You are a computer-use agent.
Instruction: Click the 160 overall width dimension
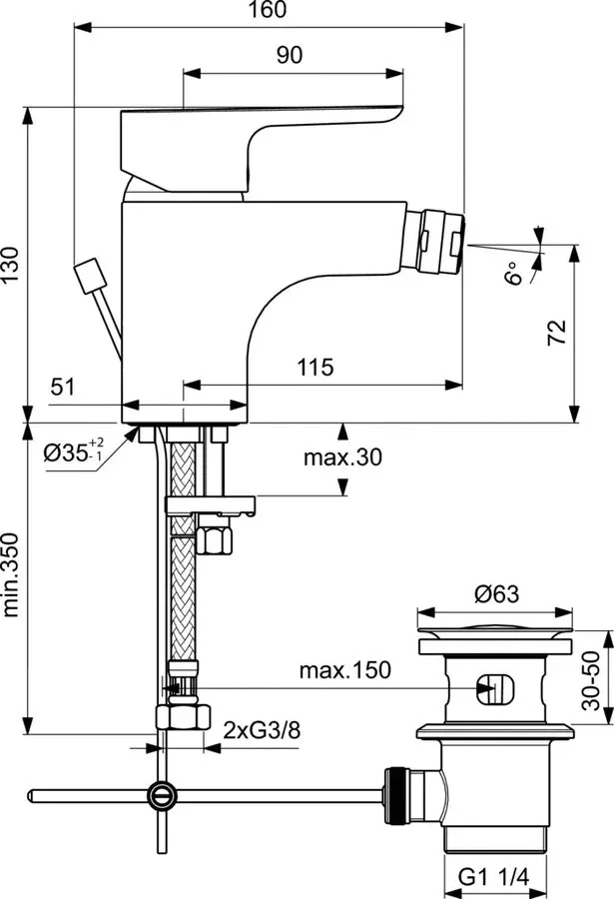[x=269, y=10]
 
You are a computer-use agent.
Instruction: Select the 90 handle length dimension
[x=290, y=55]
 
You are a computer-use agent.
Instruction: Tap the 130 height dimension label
[x=10, y=264]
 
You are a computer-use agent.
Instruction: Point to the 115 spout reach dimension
[x=315, y=367]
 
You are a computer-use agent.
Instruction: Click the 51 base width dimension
[x=63, y=387]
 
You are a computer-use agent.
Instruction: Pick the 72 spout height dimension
[x=557, y=332]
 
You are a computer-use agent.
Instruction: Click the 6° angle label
[x=514, y=274]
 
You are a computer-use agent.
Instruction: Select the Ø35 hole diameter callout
[x=75, y=452]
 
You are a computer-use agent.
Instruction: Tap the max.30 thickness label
[x=342, y=456]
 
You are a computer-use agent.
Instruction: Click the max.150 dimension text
[x=345, y=669]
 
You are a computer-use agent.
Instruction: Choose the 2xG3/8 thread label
[x=262, y=730]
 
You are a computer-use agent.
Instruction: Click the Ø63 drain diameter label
[x=496, y=594]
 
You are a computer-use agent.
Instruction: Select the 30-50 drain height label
[x=591, y=680]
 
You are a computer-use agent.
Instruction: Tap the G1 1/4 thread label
[x=493, y=876]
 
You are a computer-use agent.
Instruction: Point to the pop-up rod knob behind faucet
[x=91, y=277]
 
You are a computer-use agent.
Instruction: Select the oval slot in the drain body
[x=495, y=689]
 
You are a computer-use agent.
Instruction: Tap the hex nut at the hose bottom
[x=183, y=717]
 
